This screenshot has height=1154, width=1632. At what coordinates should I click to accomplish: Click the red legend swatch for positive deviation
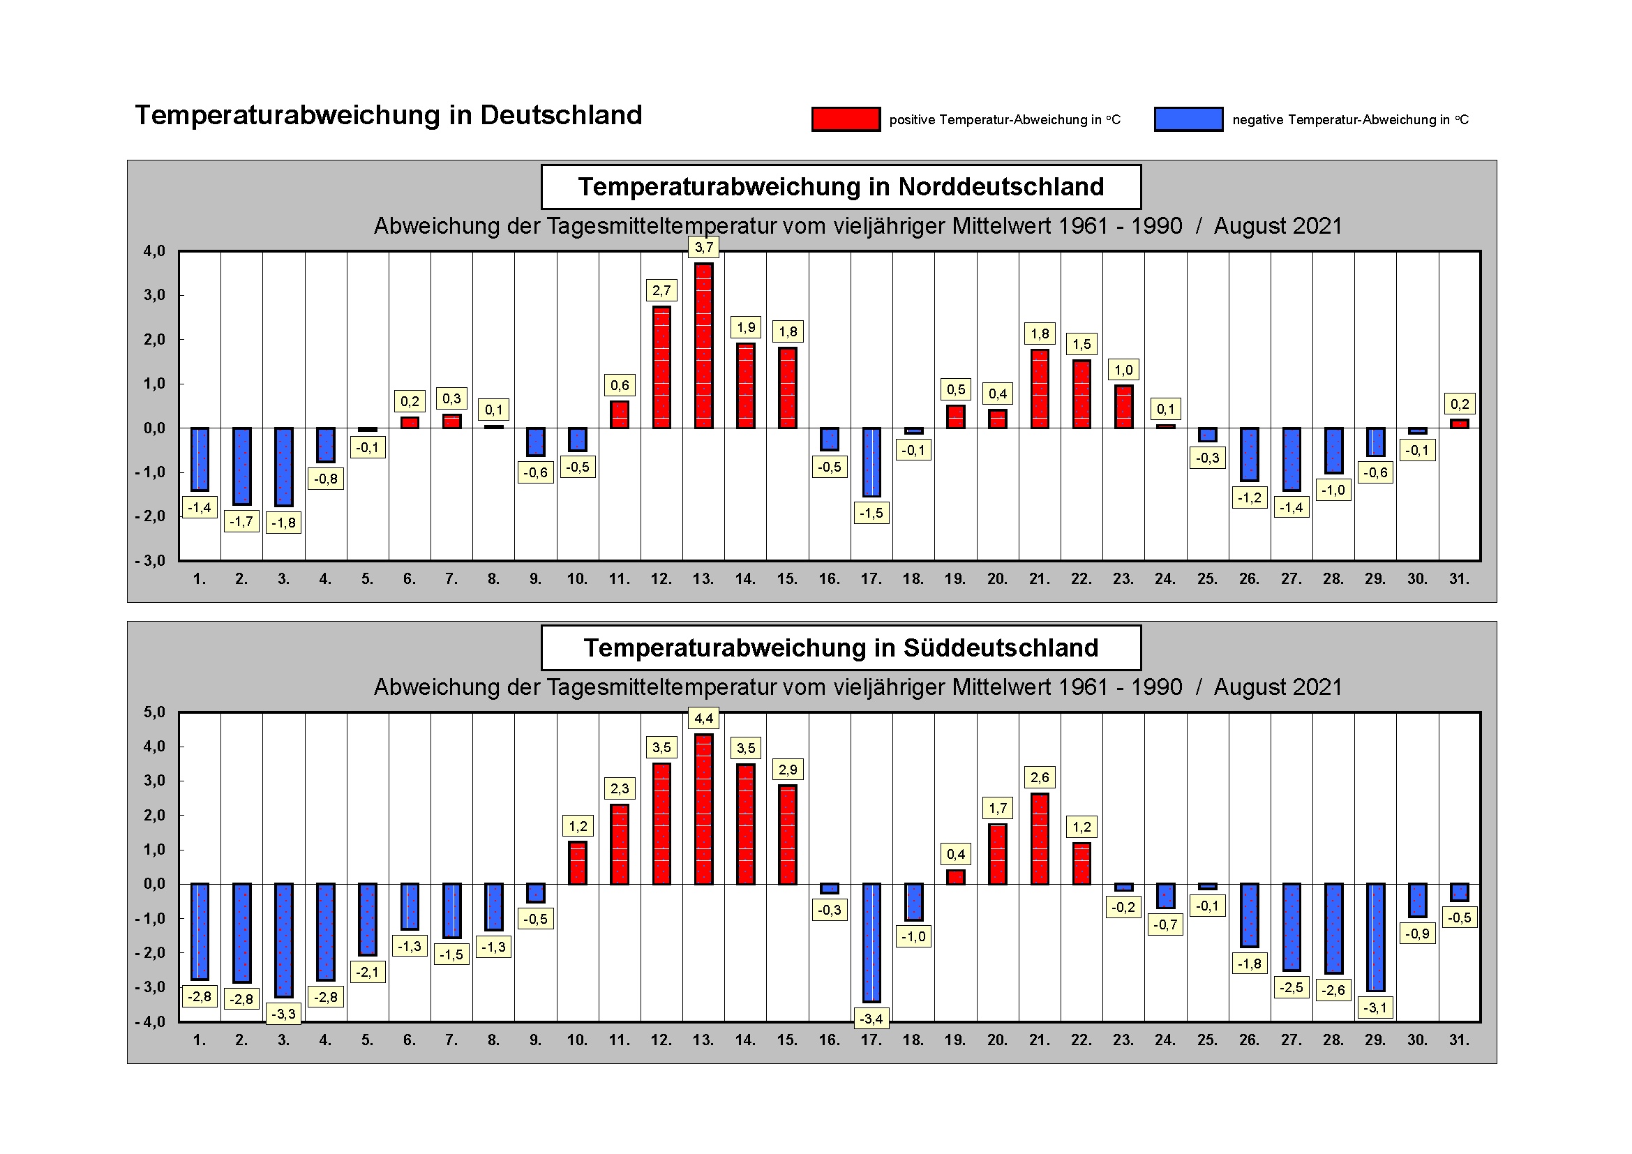pos(845,119)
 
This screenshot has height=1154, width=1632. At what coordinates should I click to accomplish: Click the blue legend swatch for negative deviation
pos(1188,119)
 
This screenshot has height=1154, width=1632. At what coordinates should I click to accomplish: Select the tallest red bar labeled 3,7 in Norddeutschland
pos(703,345)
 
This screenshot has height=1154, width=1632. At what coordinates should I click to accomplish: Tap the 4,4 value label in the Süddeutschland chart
pos(703,719)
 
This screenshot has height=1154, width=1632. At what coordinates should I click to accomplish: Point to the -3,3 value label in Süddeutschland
pos(283,1014)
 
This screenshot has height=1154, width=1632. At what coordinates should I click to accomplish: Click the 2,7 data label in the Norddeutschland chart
pos(661,290)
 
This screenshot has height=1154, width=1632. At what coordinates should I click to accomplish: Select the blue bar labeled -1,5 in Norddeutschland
pos(871,462)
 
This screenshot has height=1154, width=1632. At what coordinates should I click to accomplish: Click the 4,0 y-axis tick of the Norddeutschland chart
pos(154,251)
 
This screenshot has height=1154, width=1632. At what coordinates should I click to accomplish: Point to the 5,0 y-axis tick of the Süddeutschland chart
pos(154,712)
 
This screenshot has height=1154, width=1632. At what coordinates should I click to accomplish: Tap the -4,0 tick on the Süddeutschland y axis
pos(151,1022)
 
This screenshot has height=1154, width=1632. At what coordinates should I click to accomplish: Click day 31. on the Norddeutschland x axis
pos(1458,579)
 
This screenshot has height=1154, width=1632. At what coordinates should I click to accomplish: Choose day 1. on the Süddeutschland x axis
pos(199,1040)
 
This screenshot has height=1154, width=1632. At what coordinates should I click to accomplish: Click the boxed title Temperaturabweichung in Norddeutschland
pos(841,187)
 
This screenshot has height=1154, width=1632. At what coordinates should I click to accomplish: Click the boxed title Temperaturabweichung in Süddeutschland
pos(841,648)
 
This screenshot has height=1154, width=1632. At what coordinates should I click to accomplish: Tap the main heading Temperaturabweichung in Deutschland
pos(388,115)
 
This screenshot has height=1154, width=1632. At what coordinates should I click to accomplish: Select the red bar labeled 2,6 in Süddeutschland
pos(1039,839)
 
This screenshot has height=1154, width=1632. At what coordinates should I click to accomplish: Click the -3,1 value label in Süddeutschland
pos(1375,1007)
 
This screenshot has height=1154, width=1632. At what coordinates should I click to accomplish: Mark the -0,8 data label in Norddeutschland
pos(326,479)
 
